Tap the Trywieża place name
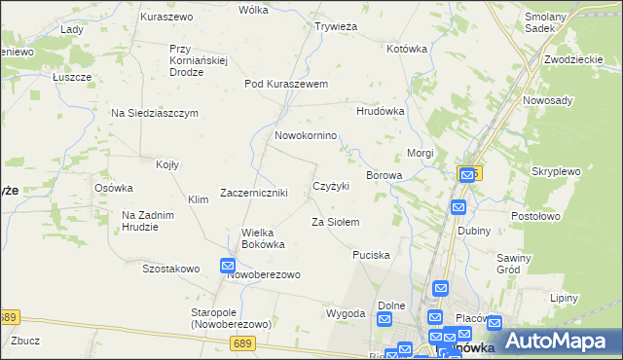click(x=337, y=26)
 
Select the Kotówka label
click(x=407, y=48)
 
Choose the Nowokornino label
click(x=306, y=135)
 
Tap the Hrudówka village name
click(x=381, y=111)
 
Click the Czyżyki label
click(x=331, y=186)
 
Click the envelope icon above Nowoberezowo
click(x=227, y=266)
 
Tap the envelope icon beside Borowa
click(x=467, y=174)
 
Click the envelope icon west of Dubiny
click(x=458, y=207)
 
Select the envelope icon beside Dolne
click(x=385, y=320)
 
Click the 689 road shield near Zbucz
click(x=9, y=317)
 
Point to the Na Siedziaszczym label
click(x=155, y=113)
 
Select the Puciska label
click(x=371, y=255)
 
